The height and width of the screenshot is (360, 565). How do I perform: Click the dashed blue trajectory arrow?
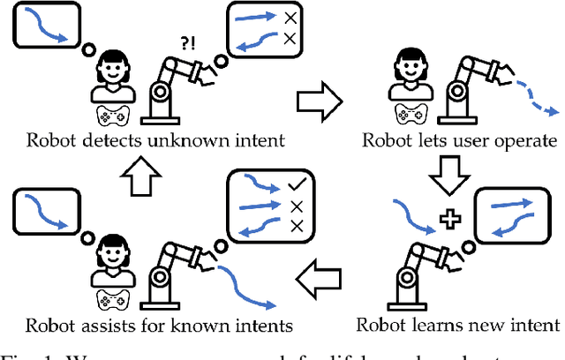click(532, 97)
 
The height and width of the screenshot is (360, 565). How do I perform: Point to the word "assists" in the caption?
click(102, 326)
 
